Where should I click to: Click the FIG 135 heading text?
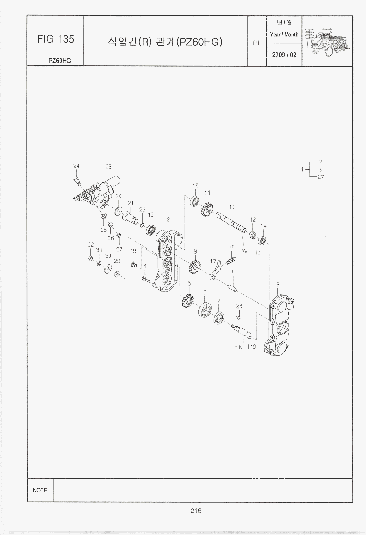tap(55, 39)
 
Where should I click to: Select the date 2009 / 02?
tap(284, 55)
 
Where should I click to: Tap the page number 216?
tap(196, 511)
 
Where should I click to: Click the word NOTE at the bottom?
tap(40, 490)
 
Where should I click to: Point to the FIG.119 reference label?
tap(245, 347)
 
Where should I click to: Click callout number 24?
tap(76, 166)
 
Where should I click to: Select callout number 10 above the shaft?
tap(232, 207)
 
